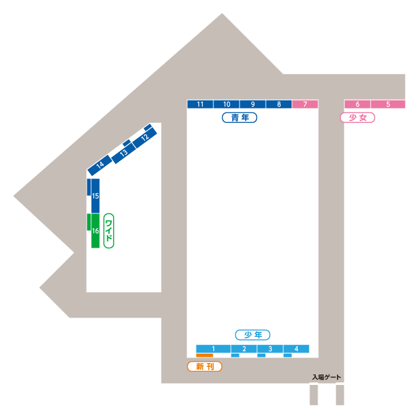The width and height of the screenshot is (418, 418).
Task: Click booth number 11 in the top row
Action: (x=200, y=104)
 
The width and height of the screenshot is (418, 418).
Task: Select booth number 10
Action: (x=226, y=104)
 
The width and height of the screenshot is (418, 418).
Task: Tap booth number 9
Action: (x=253, y=104)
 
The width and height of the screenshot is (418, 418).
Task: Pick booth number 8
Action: (x=279, y=104)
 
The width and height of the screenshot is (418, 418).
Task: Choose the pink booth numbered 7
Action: (x=305, y=104)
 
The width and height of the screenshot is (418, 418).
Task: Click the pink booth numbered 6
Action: (x=357, y=104)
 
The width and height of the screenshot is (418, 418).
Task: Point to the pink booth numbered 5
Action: (x=388, y=104)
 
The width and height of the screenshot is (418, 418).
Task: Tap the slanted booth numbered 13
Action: (x=124, y=152)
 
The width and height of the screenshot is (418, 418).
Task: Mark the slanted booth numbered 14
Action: (x=100, y=165)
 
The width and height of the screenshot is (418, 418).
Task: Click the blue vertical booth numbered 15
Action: (x=95, y=196)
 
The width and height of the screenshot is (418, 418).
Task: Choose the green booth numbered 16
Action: (x=95, y=231)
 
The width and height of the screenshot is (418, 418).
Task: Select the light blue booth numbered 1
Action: (x=213, y=348)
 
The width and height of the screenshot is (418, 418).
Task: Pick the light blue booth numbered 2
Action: (x=245, y=348)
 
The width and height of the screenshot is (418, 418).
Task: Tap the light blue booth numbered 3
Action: (x=270, y=348)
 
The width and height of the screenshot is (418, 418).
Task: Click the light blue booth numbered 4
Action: (x=296, y=348)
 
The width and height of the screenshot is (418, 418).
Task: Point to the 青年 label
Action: (x=240, y=117)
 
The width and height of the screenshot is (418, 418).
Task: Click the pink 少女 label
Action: (x=357, y=117)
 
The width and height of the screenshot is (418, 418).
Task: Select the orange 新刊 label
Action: (x=205, y=367)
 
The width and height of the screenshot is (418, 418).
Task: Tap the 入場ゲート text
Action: (x=327, y=377)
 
